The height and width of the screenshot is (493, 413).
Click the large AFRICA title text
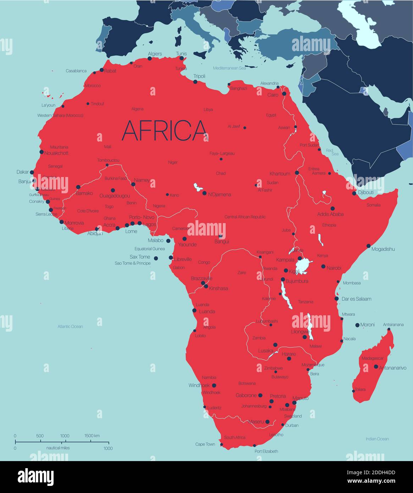[164, 130]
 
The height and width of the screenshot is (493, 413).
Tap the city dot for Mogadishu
[368, 245]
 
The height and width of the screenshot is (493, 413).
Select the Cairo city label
[273, 95]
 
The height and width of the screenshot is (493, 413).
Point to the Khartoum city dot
[297, 173]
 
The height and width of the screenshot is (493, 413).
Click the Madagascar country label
[373, 359]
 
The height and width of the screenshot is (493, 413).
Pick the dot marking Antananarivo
[376, 366]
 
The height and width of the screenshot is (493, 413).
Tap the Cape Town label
[205, 444]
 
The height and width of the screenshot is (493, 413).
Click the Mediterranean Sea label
[229, 68]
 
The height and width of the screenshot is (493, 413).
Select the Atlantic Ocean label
[70, 326]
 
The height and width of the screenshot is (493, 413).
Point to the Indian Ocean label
[377, 439]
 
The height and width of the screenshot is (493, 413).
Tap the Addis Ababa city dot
[332, 209]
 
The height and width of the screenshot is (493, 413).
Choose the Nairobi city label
[334, 268]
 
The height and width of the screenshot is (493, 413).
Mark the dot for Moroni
[357, 325]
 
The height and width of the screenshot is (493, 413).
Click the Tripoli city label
[199, 76]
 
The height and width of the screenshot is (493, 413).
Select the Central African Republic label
[245, 217]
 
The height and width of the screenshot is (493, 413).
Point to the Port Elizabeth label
[266, 451]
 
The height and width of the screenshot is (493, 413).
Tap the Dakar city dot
[32, 172]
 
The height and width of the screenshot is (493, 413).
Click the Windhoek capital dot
[214, 385]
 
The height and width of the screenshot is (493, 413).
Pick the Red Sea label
[332, 152]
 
